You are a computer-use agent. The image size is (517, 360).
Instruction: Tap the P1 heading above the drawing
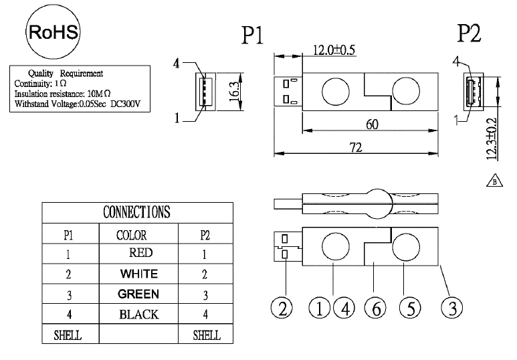[x=253, y=35]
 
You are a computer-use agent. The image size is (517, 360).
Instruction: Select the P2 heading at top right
[x=470, y=33]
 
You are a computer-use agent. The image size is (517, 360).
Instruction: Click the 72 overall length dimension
[x=356, y=147]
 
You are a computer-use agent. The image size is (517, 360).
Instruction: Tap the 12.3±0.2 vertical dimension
[x=492, y=137]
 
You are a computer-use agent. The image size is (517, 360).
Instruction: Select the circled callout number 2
[x=282, y=308]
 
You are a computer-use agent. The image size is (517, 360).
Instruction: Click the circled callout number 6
[x=375, y=308]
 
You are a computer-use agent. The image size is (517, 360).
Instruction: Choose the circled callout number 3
[x=453, y=308]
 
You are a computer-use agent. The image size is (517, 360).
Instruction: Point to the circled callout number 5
[x=409, y=308]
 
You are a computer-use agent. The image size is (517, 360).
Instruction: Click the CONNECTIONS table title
[x=137, y=212]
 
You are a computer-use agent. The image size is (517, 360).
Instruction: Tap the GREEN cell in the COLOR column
[x=138, y=294]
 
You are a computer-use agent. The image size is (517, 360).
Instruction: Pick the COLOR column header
[x=132, y=235]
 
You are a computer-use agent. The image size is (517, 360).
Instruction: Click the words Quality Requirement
[x=66, y=72]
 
